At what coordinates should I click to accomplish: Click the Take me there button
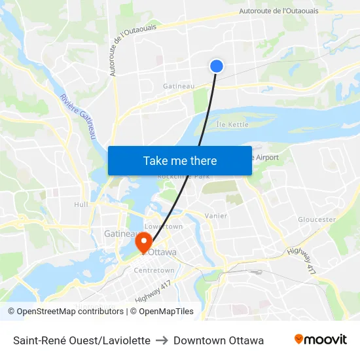(x=180, y=160)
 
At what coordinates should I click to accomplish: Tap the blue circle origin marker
(x=217, y=65)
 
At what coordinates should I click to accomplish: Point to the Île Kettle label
(x=233, y=124)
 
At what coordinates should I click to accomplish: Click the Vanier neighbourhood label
(x=216, y=215)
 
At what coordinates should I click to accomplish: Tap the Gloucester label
(x=317, y=220)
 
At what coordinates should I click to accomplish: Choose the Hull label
(x=81, y=204)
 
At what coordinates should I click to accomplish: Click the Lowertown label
(x=164, y=226)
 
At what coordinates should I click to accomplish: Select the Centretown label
(x=154, y=270)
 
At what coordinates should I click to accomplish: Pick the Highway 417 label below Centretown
(x=153, y=291)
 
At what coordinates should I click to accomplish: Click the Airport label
(x=268, y=158)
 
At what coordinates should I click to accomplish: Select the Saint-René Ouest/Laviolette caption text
(x=82, y=340)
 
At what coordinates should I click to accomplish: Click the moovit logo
(x=321, y=340)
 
